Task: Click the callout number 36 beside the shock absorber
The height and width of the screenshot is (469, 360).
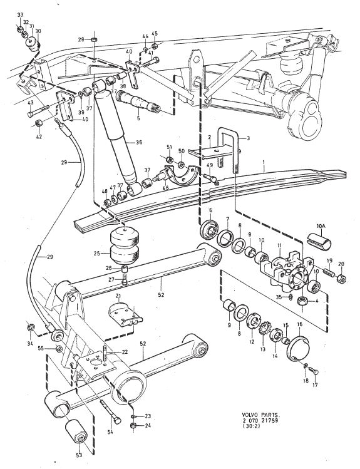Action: click(139, 142)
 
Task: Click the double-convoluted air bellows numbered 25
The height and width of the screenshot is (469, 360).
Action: click(125, 245)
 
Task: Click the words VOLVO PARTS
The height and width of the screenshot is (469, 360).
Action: click(260, 415)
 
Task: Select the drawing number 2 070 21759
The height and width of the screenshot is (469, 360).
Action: click(260, 421)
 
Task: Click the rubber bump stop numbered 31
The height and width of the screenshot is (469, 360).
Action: click(34, 43)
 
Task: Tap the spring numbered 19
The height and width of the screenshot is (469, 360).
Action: click(329, 274)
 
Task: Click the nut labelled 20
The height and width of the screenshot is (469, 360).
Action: click(341, 279)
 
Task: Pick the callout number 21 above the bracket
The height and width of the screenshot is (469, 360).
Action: click(118, 296)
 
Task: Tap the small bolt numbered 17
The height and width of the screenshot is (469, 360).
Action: click(314, 372)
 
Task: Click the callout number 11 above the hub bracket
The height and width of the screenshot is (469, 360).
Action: click(279, 245)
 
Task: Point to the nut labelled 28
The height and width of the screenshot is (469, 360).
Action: click(93, 39)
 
